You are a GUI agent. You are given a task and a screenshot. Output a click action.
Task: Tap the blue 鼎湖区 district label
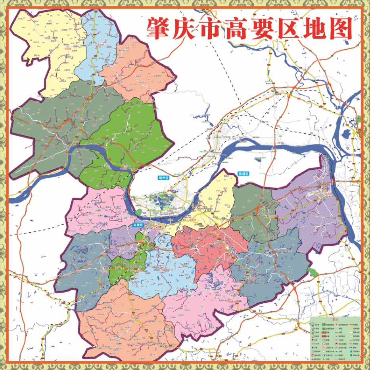point(243,174)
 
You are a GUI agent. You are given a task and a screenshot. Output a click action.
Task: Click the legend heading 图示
point(335,319)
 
